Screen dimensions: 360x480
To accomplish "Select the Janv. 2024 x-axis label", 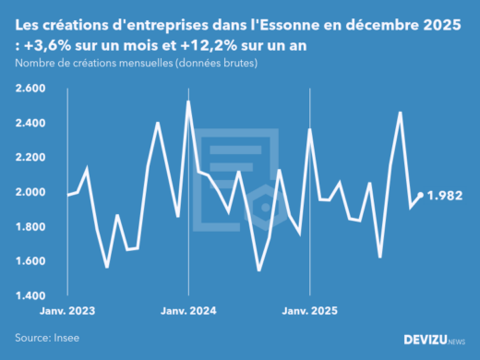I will coord(188,311).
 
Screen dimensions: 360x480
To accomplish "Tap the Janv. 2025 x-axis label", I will coord(310,311).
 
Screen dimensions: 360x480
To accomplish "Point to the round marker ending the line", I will coord(421,195).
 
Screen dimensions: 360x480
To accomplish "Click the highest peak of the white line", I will coord(188,102).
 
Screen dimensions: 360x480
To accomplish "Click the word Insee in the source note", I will coord(66,338).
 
